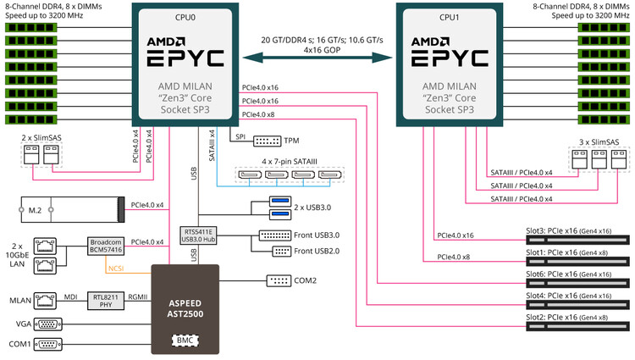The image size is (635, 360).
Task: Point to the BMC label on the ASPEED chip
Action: click(184, 340)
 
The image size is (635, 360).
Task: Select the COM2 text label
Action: click(305, 280)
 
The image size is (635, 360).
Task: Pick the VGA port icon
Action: click(49, 323)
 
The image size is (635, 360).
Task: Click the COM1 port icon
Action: click(49, 345)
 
